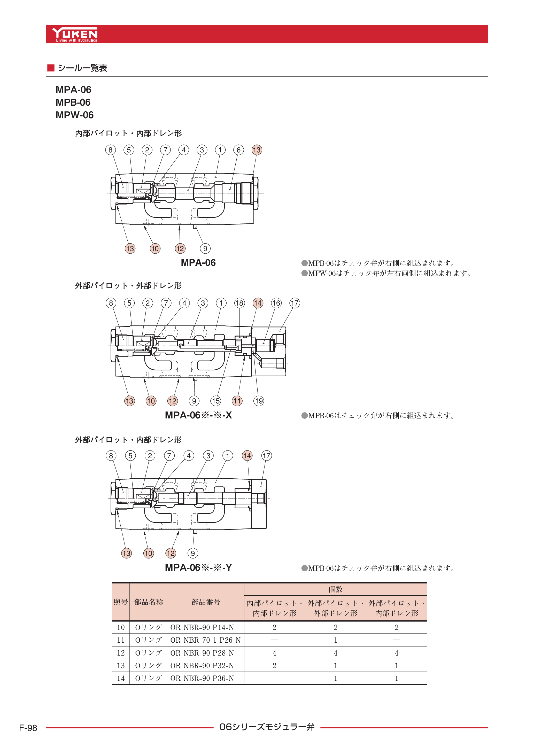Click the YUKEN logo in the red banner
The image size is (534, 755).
click(x=75, y=34)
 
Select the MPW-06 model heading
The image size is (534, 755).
click(x=75, y=115)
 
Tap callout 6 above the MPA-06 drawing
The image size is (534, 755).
click(x=238, y=150)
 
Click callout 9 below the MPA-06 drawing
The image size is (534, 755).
click(x=205, y=248)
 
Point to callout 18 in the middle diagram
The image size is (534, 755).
click(x=239, y=303)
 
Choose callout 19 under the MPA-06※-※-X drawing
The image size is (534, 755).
click(x=259, y=401)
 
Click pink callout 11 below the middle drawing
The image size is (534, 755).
click(x=237, y=401)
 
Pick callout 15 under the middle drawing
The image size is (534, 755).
click(x=216, y=401)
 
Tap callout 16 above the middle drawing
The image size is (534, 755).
click(x=276, y=303)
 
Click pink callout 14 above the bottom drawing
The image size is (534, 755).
click(x=247, y=455)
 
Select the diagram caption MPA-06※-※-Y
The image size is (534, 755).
click(x=198, y=567)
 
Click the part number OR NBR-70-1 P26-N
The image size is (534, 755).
click(x=205, y=640)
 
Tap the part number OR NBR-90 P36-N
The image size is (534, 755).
click(x=202, y=678)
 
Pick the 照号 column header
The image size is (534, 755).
click(x=121, y=602)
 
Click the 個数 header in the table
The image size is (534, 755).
click(x=335, y=589)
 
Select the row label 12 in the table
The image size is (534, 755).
click(x=121, y=653)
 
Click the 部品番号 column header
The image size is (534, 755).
click(x=206, y=602)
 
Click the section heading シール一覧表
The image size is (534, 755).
click(x=82, y=68)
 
